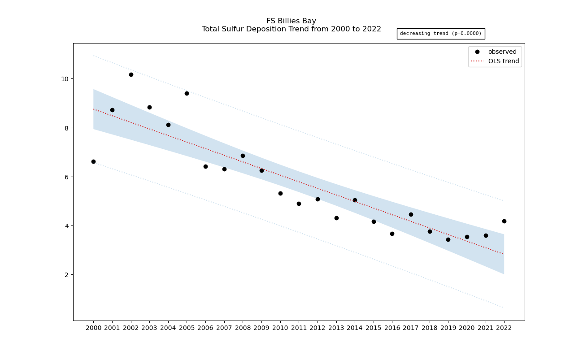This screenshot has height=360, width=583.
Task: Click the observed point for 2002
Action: click(131, 74)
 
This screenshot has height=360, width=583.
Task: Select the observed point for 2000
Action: click(93, 161)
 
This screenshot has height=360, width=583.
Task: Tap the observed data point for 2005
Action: click(187, 93)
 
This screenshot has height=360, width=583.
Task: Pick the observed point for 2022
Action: click(504, 221)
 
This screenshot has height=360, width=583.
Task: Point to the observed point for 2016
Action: click(392, 234)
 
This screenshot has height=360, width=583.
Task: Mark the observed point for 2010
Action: click(280, 193)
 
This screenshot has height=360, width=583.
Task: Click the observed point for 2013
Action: click(336, 218)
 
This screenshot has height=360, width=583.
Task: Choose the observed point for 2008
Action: click(243, 156)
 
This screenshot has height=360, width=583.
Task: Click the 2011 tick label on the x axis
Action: click(299, 328)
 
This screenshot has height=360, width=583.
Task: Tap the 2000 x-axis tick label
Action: click(93, 328)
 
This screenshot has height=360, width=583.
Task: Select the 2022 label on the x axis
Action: click(504, 328)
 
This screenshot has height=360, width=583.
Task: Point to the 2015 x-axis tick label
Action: click(374, 328)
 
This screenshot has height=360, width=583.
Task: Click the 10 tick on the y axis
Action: click(65, 79)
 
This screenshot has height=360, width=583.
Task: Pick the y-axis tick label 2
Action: click(66, 275)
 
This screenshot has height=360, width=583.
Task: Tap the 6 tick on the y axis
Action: click(66, 177)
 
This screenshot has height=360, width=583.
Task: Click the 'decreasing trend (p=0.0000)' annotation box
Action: click(440, 34)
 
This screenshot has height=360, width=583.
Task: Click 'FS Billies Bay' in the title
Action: click(291, 21)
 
